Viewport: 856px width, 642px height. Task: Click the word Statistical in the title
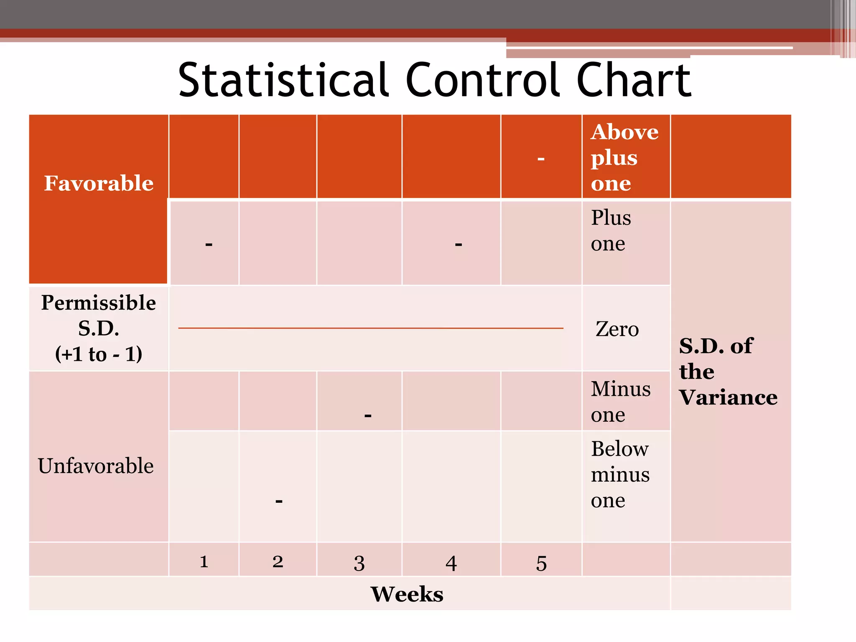tap(283, 79)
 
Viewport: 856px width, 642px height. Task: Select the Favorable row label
tap(99, 183)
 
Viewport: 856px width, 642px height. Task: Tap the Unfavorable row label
tap(96, 466)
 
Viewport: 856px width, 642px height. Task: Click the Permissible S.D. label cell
tap(99, 328)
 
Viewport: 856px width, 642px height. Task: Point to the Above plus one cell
tap(624, 158)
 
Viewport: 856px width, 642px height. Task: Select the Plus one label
tap(611, 230)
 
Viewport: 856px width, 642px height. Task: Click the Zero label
tap(617, 329)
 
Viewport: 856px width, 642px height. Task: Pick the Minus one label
tap(620, 401)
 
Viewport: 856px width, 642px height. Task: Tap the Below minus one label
tap(620, 474)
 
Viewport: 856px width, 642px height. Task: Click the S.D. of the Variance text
tap(728, 371)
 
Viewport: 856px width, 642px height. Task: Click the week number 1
tap(204, 561)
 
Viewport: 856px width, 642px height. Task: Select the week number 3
tap(359, 563)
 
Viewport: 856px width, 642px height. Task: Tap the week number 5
tap(541, 563)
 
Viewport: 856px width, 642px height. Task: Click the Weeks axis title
tap(407, 594)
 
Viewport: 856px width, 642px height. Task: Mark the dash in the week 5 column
tap(541, 159)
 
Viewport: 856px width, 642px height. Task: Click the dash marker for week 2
tap(279, 501)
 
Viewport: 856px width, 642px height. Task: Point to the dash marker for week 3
tap(368, 415)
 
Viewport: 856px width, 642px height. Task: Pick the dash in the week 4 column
tap(459, 244)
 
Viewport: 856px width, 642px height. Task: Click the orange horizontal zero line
tap(370, 328)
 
